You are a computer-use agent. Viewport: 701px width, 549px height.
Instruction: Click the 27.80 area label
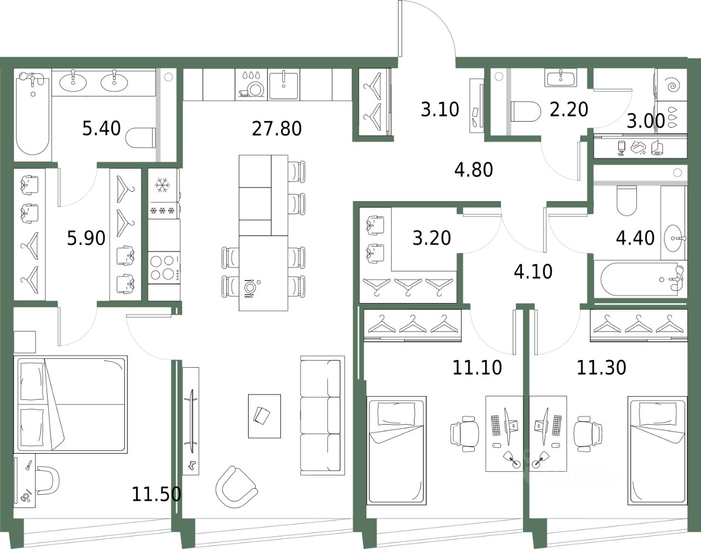(x=277, y=128)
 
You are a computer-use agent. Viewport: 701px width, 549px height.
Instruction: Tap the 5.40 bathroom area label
(x=102, y=128)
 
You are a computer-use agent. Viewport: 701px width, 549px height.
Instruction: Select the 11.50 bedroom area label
(x=157, y=494)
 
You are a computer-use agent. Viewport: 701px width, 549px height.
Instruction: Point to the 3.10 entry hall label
(x=440, y=109)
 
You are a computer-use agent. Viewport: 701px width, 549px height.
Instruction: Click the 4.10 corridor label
(x=533, y=271)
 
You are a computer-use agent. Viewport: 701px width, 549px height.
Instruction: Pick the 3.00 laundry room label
(x=646, y=121)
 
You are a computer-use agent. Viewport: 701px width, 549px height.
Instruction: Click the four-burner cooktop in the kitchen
(x=164, y=267)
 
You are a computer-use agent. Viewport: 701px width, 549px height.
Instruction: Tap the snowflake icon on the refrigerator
(x=162, y=186)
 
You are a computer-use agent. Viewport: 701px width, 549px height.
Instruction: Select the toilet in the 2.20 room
(x=526, y=111)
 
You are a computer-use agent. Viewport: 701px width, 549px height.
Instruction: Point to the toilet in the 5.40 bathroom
(x=141, y=138)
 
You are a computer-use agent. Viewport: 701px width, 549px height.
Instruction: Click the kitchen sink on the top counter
(x=284, y=86)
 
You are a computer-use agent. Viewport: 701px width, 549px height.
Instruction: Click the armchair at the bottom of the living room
(x=237, y=488)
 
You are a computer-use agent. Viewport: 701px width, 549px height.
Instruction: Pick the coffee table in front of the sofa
(x=264, y=416)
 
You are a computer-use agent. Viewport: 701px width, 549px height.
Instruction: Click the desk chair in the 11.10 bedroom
(x=465, y=434)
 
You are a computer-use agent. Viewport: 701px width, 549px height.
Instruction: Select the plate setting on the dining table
(x=249, y=287)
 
